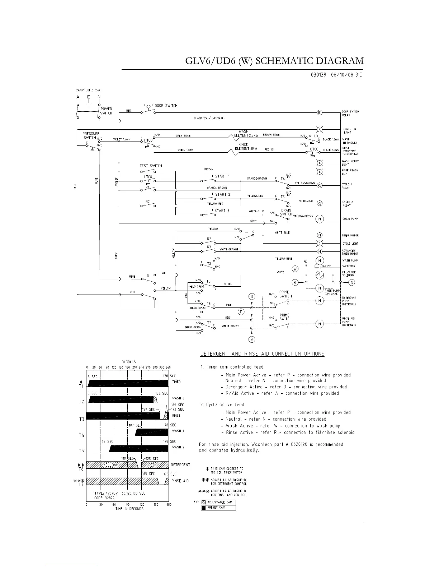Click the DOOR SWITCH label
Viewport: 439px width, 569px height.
(166, 106)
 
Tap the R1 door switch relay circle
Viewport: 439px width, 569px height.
(320, 112)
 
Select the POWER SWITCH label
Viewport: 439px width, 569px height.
(106, 111)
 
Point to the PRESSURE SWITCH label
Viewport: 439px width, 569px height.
(91, 135)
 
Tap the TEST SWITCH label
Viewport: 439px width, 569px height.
(151, 166)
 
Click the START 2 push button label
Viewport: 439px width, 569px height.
(222, 195)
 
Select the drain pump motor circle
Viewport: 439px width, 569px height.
(320, 219)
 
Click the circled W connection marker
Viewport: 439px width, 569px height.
(296, 268)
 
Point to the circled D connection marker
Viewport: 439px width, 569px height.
(252, 296)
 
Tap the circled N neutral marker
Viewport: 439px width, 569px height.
(352, 282)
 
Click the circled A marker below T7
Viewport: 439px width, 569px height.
(252, 339)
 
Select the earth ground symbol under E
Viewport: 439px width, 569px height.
(88, 105)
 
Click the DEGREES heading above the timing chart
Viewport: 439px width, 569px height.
(129, 362)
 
